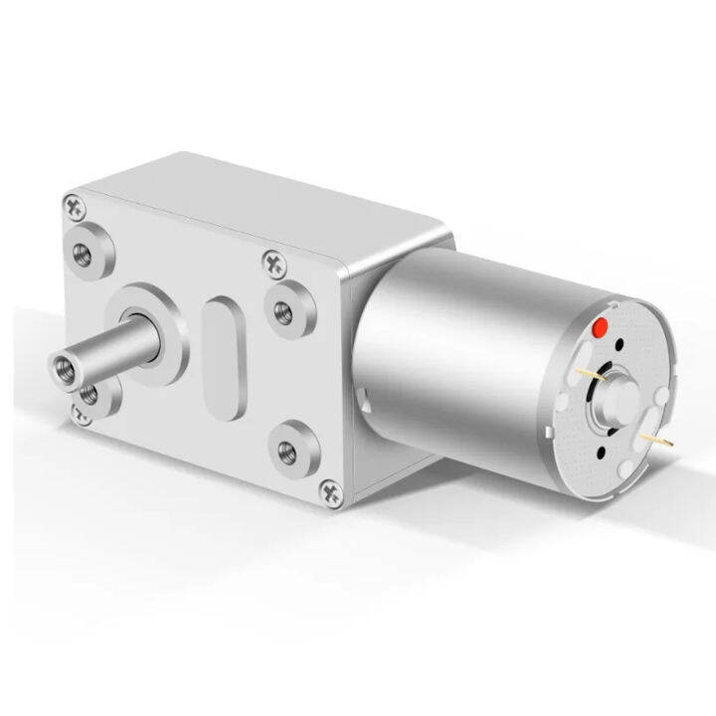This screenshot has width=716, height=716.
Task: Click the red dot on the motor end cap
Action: [x=600, y=328]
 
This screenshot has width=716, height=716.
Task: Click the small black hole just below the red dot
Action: [x=619, y=347]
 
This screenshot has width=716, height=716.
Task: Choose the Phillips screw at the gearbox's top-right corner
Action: [x=272, y=263]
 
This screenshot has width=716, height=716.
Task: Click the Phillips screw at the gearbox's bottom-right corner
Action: [x=330, y=490]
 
